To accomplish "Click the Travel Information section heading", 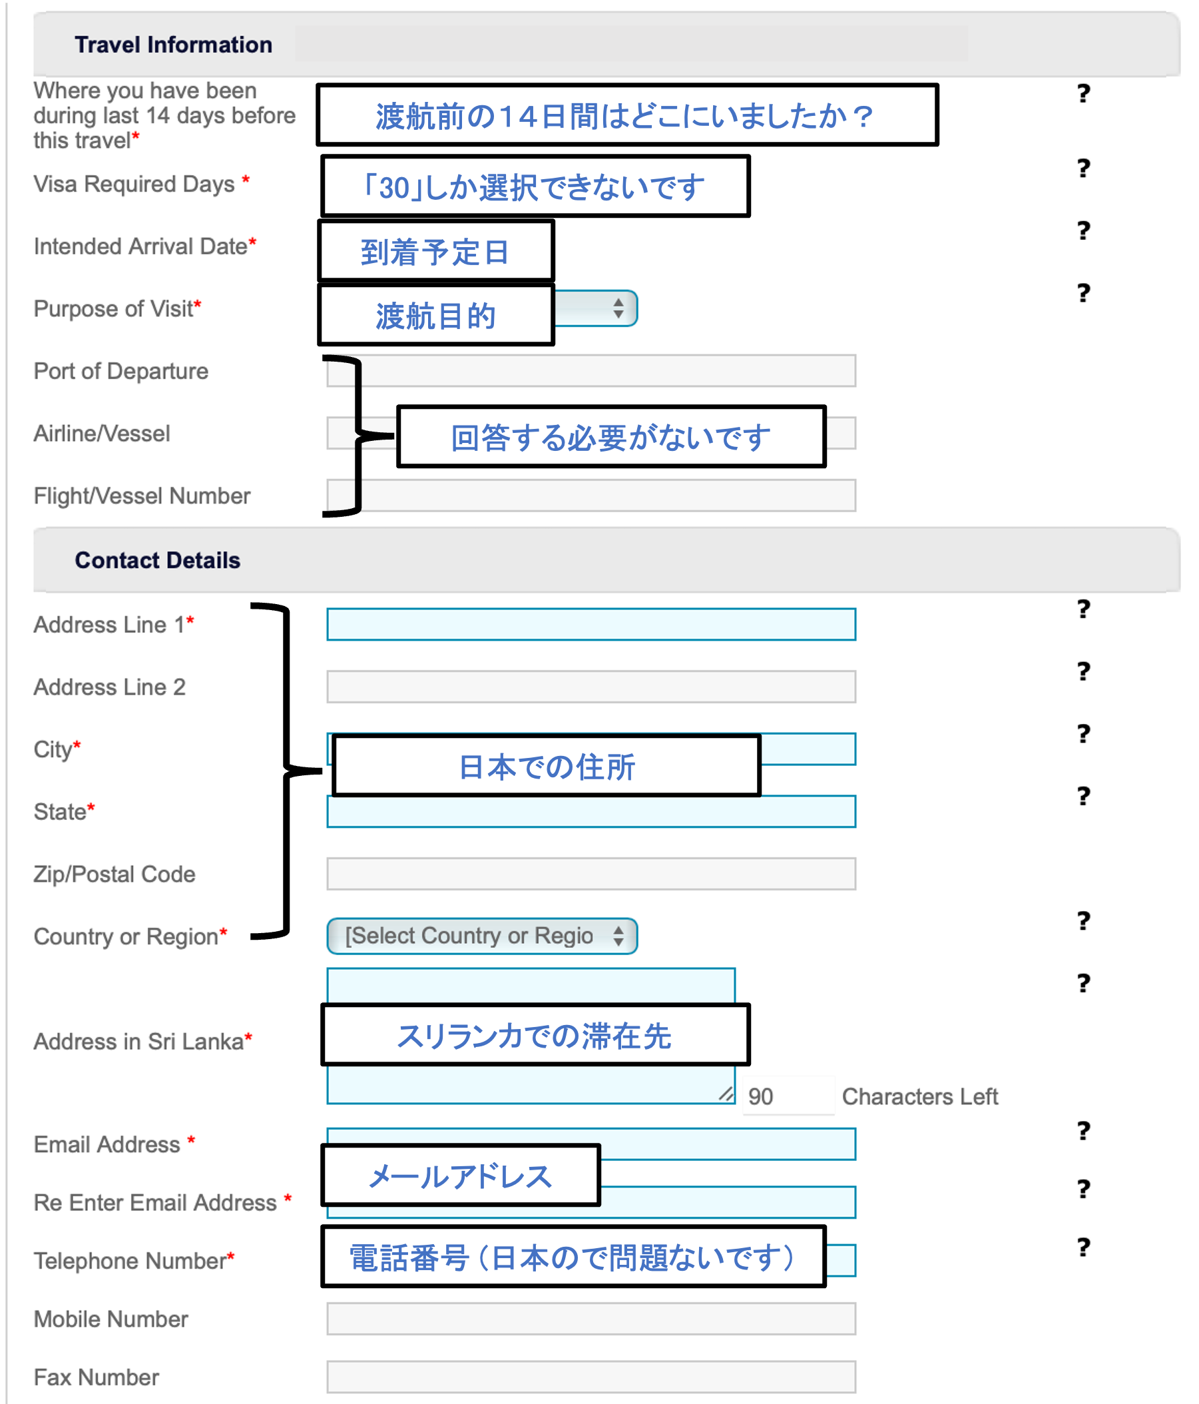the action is (173, 45).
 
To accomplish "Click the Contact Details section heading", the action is (157, 560).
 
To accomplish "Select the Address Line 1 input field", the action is (591, 624).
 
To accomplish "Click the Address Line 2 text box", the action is (591, 687).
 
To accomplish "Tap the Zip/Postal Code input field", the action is (591, 873).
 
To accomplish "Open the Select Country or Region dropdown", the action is (481, 936).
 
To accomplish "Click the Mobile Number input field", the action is (591, 1319).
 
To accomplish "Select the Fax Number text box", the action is (591, 1377).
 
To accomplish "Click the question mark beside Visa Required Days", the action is (1084, 167).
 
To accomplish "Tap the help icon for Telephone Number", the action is (1084, 1247).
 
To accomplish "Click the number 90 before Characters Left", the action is (761, 1096).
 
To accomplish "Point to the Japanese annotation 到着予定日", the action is (435, 252).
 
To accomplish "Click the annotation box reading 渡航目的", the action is (436, 316).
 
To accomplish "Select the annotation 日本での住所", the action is (547, 767).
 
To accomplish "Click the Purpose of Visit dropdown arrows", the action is (618, 308).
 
